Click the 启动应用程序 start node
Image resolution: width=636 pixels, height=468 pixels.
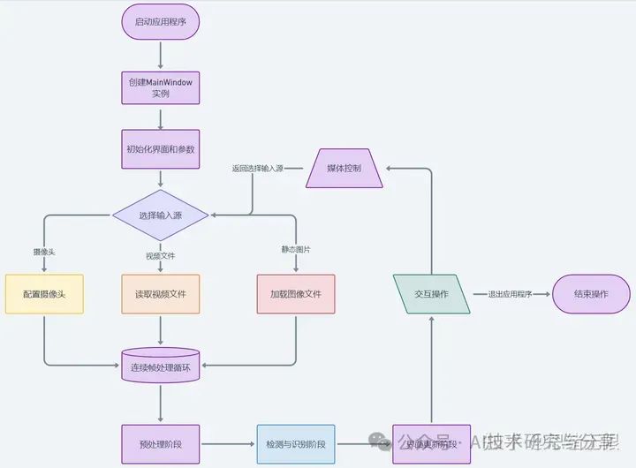click(160, 22)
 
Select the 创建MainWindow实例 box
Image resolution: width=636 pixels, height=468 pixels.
click(160, 87)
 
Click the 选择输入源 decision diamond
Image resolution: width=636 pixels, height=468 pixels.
click(160, 215)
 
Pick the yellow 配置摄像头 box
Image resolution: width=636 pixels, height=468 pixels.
click(44, 293)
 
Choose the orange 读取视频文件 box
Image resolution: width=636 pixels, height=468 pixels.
click(160, 293)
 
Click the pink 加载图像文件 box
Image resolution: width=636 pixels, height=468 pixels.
click(296, 293)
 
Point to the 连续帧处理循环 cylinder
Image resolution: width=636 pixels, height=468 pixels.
click(160, 366)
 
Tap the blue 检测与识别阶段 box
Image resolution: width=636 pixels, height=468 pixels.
click(296, 444)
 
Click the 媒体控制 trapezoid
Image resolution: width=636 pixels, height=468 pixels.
click(344, 168)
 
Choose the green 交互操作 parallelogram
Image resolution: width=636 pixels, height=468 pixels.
click(432, 294)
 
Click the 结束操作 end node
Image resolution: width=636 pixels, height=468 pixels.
click(591, 294)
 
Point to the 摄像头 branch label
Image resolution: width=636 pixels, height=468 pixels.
click(44, 252)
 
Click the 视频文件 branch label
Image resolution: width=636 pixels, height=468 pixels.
click(160, 255)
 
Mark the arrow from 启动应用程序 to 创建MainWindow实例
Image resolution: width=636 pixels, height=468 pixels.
click(160, 55)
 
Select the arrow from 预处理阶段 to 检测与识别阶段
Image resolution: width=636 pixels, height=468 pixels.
click(226, 443)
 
